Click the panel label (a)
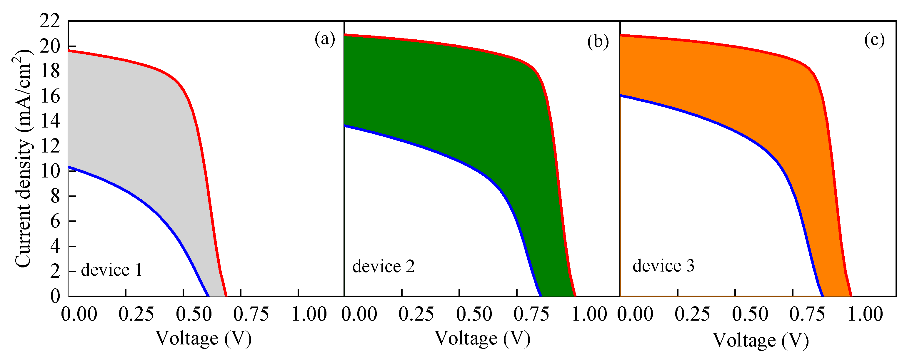tap(325, 39)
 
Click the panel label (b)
tap(598, 41)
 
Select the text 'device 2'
tap(384, 266)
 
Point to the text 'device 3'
tap(663, 266)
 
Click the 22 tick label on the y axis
tap(49, 22)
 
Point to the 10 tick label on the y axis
tap(49, 171)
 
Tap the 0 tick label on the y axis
tap(55, 296)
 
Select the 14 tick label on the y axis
tap(49, 121)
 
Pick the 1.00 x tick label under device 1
tap(309, 314)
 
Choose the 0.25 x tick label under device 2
tap(416, 314)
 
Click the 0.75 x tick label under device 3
tap(807, 314)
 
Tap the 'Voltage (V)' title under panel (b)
tap(482, 339)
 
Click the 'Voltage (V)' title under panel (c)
tap(761, 341)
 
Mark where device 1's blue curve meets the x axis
tap(209, 296)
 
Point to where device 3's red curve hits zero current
tap(851, 296)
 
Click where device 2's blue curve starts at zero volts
tap(345, 125)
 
